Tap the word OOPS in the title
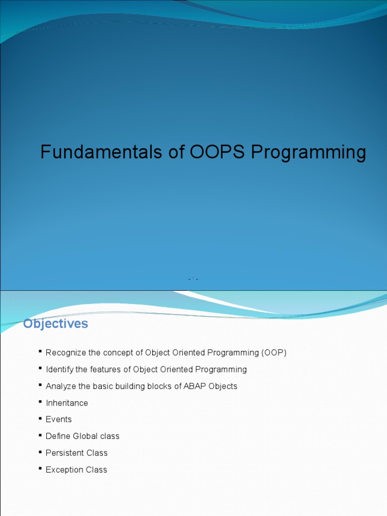click(x=217, y=152)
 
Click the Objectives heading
click(x=55, y=324)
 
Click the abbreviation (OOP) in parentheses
click(x=274, y=353)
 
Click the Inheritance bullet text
click(x=67, y=403)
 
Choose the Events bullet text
click(x=58, y=419)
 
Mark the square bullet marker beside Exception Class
click(x=40, y=468)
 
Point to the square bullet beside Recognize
click(x=40, y=351)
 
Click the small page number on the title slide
click(x=193, y=279)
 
